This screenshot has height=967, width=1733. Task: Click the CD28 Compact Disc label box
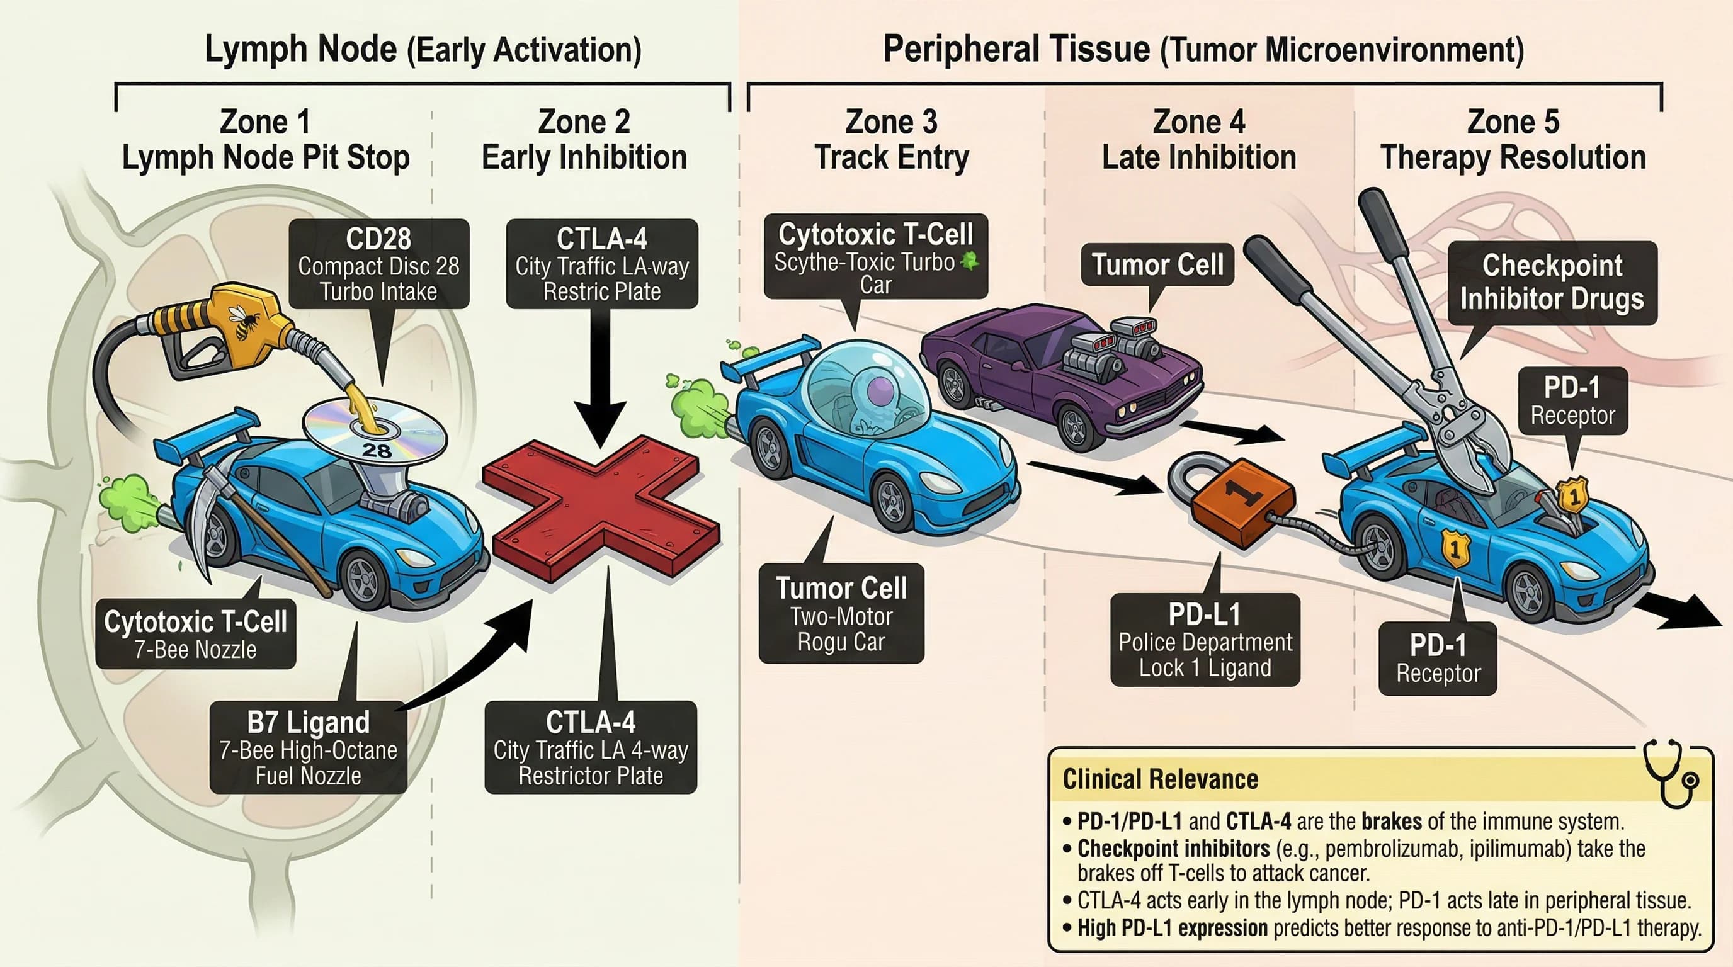[378, 264]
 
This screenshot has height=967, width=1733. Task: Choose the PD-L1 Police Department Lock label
[1205, 640]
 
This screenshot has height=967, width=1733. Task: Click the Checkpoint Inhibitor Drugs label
[1552, 283]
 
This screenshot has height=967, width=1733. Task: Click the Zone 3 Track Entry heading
[892, 140]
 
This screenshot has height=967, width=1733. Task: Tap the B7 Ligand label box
[308, 747]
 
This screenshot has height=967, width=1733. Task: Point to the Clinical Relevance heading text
[1160, 779]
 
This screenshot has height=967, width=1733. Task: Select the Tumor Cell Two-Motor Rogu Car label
[841, 613]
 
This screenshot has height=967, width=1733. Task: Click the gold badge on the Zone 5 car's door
[1454, 548]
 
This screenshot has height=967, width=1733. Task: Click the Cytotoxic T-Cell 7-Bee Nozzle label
[196, 633]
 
